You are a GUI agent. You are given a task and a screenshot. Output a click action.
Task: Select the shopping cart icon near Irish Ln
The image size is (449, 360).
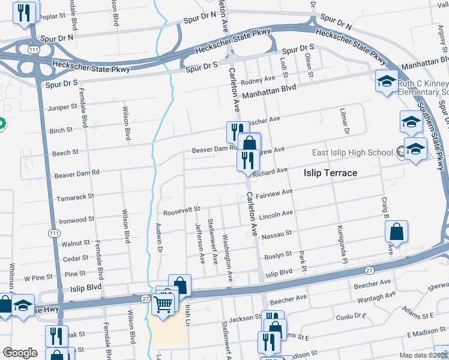(163, 304)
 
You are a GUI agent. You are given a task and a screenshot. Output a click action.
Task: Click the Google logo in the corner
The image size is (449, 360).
(20, 353)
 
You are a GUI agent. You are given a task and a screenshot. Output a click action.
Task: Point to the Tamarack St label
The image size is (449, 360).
(74, 196)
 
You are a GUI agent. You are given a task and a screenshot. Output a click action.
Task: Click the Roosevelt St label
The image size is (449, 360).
(181, 211)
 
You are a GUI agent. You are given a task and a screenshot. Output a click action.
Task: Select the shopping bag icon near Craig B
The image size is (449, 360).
(397, 231)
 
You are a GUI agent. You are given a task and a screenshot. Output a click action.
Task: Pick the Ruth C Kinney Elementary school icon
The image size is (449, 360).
(386, 81)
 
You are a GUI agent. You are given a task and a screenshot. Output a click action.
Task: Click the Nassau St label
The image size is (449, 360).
(279, 233)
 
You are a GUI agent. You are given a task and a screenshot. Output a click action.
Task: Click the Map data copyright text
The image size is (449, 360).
(426, 355)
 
